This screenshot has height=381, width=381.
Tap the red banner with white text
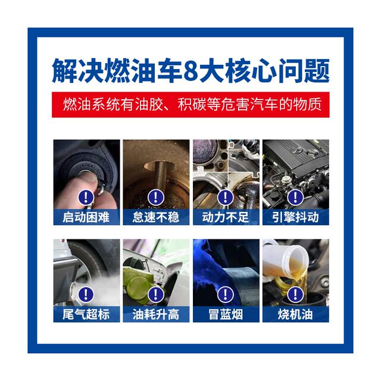coord(190,105)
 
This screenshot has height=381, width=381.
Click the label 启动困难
coord(86,217)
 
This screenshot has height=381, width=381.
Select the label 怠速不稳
coord(156,217)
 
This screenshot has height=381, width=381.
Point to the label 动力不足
coord(226,217)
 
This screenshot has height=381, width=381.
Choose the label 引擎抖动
coord(295,217)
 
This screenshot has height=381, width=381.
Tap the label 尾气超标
coord(86,314)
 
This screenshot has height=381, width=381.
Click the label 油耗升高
coord(156,314)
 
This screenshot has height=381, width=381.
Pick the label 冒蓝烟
coord(226,314)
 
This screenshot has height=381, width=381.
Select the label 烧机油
coord(295,314)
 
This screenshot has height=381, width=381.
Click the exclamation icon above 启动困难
coord(86,197)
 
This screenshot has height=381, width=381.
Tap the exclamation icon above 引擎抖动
coord(295,197)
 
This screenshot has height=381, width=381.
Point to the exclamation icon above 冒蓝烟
coord(226,294)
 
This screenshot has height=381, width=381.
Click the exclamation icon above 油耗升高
coord(156,294)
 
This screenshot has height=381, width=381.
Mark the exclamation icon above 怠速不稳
coord(156,197)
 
